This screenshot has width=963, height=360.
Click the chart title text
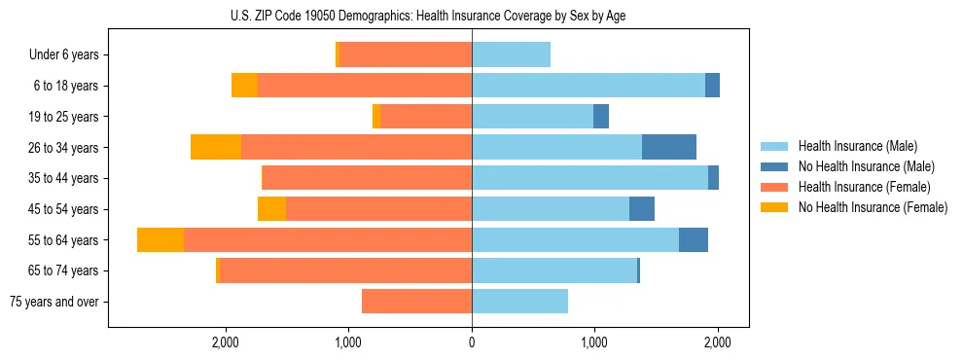pyautogui.click(x=428, y=16)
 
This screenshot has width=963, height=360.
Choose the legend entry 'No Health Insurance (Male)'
pyautogui.click(x=865, y=166)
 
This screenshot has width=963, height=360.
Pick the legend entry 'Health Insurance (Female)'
pyautogui.click(x=864, y=187)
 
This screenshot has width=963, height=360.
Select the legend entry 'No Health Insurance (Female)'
pyautogui.click(x=872, y=207)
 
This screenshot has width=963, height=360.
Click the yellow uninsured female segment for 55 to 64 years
pyautogui.click(x=160, y=240)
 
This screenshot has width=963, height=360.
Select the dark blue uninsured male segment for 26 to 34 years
pyautogui.click(x=669, y=148)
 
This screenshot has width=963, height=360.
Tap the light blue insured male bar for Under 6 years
pyautogui.click(x=511, y=55)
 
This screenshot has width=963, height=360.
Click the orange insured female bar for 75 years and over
pyautogui.click(x=416, y=302)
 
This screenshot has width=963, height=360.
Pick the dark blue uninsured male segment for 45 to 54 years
pyautogui.click(x=642, y=209)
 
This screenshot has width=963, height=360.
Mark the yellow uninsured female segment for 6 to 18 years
pyautogui.click(x=245, y=86)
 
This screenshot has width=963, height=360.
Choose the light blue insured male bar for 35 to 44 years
pyautogui.click(x=589, y=178)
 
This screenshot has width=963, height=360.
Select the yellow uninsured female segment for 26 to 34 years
pyautogui.click(x=216, y=148)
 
